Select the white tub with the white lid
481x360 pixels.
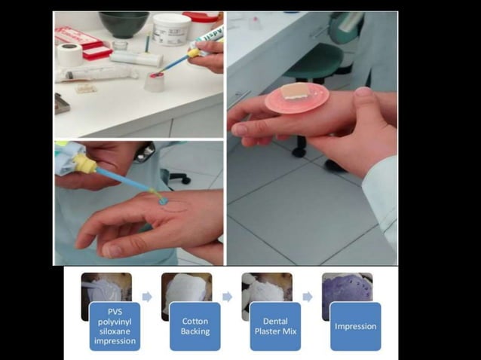pos(172,29)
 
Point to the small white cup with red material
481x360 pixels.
pos(155,81)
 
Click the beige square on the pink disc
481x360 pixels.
pos(299,93)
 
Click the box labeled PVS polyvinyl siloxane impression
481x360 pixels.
pos(114,326)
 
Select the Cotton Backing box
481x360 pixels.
pos(195,326)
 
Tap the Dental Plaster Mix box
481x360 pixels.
pos(275,326)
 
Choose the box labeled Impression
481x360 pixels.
pos(355,326)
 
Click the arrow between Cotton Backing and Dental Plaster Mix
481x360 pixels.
pos(227,297)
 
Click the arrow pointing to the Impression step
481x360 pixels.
pos(308,297)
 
